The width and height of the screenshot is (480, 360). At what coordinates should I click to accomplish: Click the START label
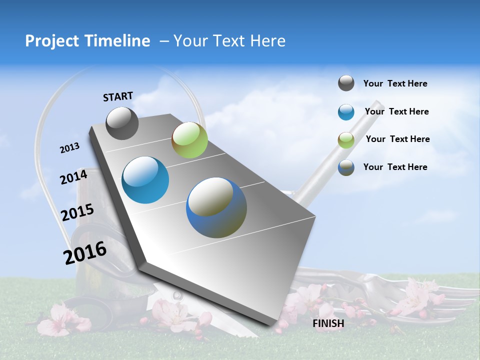click(118, 96)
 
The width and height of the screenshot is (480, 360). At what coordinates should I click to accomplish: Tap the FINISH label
click(328, 323)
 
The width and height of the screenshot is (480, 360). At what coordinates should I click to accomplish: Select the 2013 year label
click(69, 148)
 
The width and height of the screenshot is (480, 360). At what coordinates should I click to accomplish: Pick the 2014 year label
click(73, 177)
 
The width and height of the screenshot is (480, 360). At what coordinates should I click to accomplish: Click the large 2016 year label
click(85, 253)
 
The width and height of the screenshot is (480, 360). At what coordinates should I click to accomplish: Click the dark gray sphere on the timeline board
click(122, 123)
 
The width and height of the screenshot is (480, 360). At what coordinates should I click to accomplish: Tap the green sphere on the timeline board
click(189, 140)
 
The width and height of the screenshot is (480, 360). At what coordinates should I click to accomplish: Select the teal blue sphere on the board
click(145, 180)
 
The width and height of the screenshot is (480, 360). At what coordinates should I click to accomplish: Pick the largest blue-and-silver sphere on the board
click(216, 207)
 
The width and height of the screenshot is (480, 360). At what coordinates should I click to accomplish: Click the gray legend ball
click(346, 83)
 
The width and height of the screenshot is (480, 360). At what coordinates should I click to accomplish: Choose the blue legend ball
click(346, 112)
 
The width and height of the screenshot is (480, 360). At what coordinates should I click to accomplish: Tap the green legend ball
click(346, 140)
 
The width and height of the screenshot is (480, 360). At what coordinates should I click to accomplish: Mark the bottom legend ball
click(346, 167)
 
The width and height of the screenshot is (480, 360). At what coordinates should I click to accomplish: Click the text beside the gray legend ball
click(395, 83)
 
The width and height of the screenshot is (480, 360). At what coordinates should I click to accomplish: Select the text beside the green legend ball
click(397, 139)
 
